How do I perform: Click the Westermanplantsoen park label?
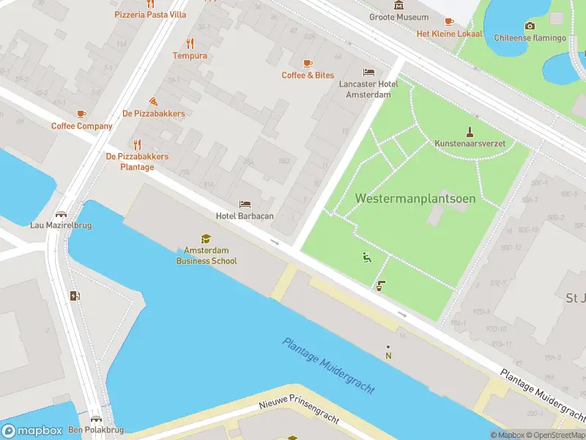click(415, 199)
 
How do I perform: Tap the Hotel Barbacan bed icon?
click(245, 204)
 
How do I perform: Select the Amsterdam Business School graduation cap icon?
click(207, 238)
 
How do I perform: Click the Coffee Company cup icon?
click(81, 114)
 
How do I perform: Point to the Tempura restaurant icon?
click(190, 43)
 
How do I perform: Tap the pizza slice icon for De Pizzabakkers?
click(153, 100)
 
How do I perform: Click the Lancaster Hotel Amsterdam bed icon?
click(368, 72)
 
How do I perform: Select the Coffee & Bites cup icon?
click(308, 63)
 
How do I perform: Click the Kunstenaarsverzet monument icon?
click(470, 132)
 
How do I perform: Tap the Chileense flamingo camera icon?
click(530, 26)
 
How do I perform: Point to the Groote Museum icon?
click(398, 6)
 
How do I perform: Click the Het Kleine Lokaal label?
click(450, 34)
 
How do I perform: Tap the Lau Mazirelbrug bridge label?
click(61, 225)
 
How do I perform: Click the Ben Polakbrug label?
click(95, 430)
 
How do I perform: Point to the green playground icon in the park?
click(366, 257)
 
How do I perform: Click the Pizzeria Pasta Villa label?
click(150, 15)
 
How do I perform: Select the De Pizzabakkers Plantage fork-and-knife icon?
click(137, 144)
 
